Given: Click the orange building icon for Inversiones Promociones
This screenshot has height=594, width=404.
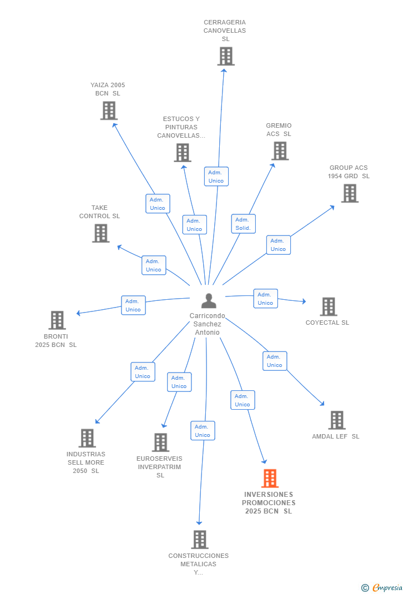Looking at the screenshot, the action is (270, 478).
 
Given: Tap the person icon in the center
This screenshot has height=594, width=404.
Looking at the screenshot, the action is (209, 301).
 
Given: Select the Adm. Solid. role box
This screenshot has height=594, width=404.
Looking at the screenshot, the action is (244, 224).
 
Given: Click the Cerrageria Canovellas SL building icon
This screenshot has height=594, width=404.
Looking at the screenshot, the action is (226, 57).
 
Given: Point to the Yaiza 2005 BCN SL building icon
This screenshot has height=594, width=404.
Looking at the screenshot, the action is (109, 110).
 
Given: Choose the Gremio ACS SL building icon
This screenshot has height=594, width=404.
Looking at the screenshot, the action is (280, 151).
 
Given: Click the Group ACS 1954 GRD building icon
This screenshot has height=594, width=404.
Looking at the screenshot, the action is (350, 193).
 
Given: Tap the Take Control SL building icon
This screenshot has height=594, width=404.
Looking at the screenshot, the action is (101, 233).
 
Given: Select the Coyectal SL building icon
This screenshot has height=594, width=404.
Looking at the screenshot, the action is (329, 306).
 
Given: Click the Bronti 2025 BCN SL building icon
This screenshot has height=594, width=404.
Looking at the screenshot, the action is (57, 320).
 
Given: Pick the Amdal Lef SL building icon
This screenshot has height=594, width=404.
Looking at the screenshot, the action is (337, 420).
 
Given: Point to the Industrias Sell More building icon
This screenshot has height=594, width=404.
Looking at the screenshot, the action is (87, 438).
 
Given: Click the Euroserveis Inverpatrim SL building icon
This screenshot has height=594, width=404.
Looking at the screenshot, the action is (160, 442).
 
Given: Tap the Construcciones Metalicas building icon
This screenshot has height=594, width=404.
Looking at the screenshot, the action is (200, 540).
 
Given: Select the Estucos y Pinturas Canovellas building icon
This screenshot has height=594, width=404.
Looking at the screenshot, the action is (183, 153).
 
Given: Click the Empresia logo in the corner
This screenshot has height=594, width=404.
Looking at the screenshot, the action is (382, 587).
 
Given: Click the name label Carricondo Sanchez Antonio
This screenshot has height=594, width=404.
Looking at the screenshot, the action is (207, 324).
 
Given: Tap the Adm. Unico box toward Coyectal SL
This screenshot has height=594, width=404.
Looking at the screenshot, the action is (265, 299).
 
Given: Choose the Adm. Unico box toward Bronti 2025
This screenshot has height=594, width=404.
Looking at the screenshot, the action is (133, 305).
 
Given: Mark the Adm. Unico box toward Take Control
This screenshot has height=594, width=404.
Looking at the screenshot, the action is (154, 265).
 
